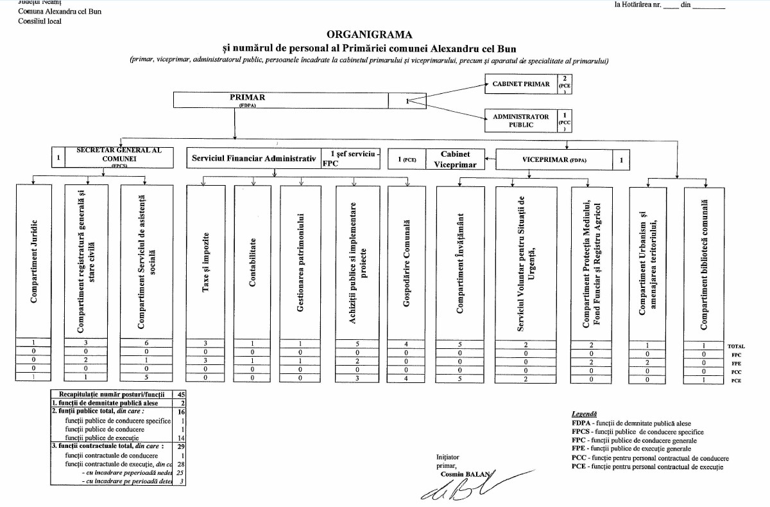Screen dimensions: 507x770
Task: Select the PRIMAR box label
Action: pos(247,98)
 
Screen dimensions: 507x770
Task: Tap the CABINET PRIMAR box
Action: pos(520,84)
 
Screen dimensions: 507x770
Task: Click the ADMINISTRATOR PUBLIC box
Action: pos(520,121)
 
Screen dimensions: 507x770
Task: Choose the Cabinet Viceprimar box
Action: pos(455,159)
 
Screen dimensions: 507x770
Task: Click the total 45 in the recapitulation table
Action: pos(181,394)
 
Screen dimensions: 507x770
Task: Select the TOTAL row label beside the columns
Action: pos(736,346)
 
